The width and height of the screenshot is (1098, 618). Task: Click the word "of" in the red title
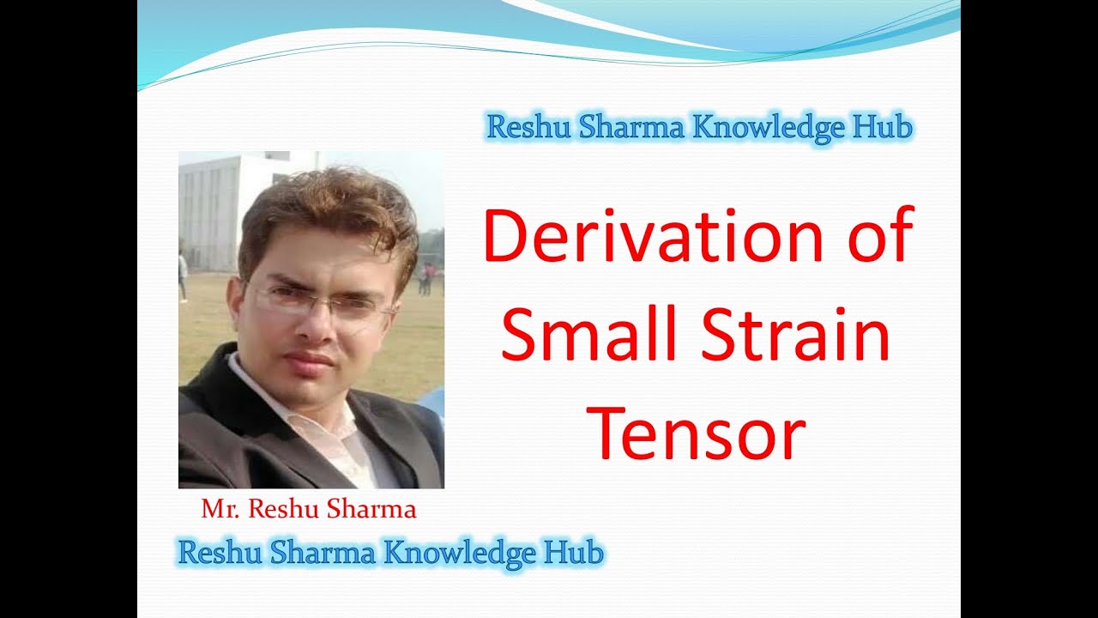coord(880,237)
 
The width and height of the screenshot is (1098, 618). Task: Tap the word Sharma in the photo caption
coord(377,510)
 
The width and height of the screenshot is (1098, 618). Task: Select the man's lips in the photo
coord(310,359)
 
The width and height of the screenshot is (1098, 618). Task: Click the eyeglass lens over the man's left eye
coord(359,305)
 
